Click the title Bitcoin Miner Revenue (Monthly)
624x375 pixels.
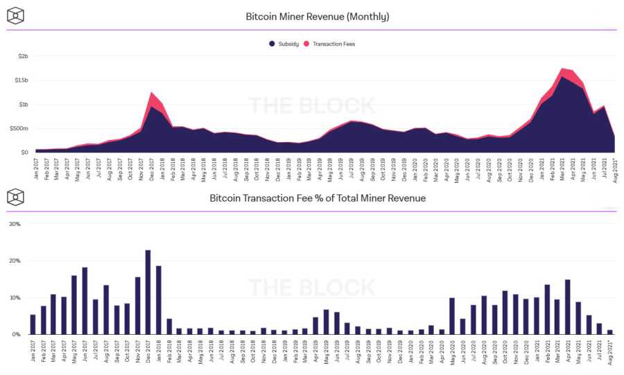(318, 16)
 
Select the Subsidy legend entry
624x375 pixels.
(284, 44)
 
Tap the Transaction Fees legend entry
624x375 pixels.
(333, 44)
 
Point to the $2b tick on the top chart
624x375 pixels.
(22, 55)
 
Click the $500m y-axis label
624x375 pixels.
(19, 128)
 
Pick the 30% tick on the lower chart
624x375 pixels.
(15, 224)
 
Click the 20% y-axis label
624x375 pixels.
(15, 261)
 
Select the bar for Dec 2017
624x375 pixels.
(148, 292)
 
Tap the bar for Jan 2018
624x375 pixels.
(159, 300)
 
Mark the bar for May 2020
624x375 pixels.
(451, 316)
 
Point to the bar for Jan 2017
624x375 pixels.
(33, 324)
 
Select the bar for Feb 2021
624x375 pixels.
(546, 309)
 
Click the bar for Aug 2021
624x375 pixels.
(610, 332)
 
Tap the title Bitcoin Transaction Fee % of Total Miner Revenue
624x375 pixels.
(318, 198)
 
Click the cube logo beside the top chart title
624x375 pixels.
(15, 15)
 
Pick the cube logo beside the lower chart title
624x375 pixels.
(15, 198)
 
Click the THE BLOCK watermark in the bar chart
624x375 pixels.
(311, 287)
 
